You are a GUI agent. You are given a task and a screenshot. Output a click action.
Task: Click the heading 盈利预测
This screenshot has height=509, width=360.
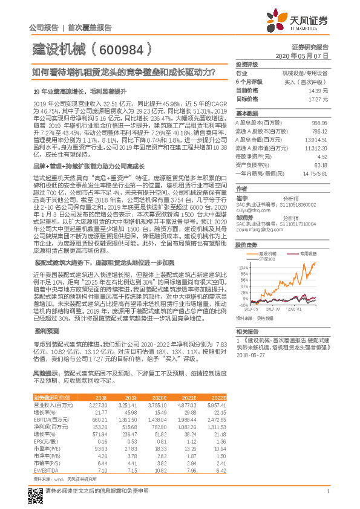47,330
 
